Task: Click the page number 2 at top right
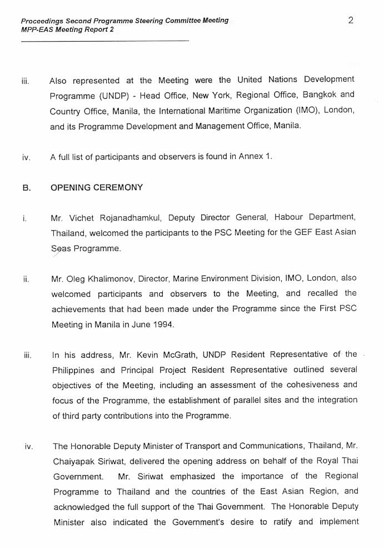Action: (351, 21)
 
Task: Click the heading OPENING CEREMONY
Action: (97, 187)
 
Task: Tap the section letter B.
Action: (26, 188)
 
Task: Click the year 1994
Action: (162, 325)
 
